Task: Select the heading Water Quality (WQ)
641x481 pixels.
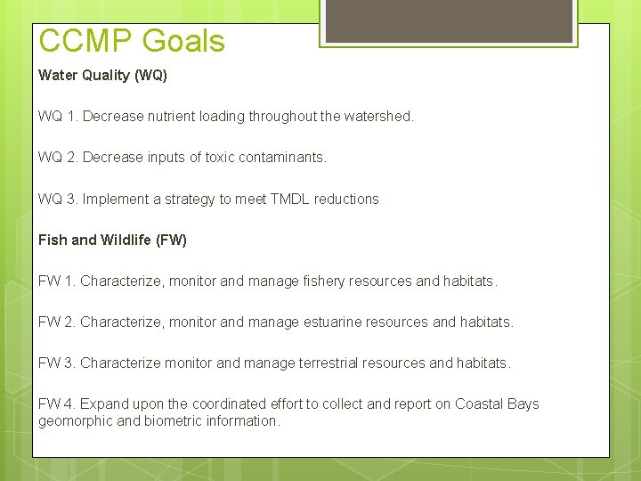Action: (x=102, y=76)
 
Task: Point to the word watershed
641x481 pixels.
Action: (x=377, y=117)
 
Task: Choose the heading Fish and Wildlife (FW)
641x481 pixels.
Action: (x=112, y=240)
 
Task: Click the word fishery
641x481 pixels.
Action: (x=325, y=281)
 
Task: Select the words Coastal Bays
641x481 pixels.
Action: (x=497, y=404)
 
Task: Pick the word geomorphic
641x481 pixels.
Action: (x=75, y=420)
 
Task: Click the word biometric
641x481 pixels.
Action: (x=172, y=420)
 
